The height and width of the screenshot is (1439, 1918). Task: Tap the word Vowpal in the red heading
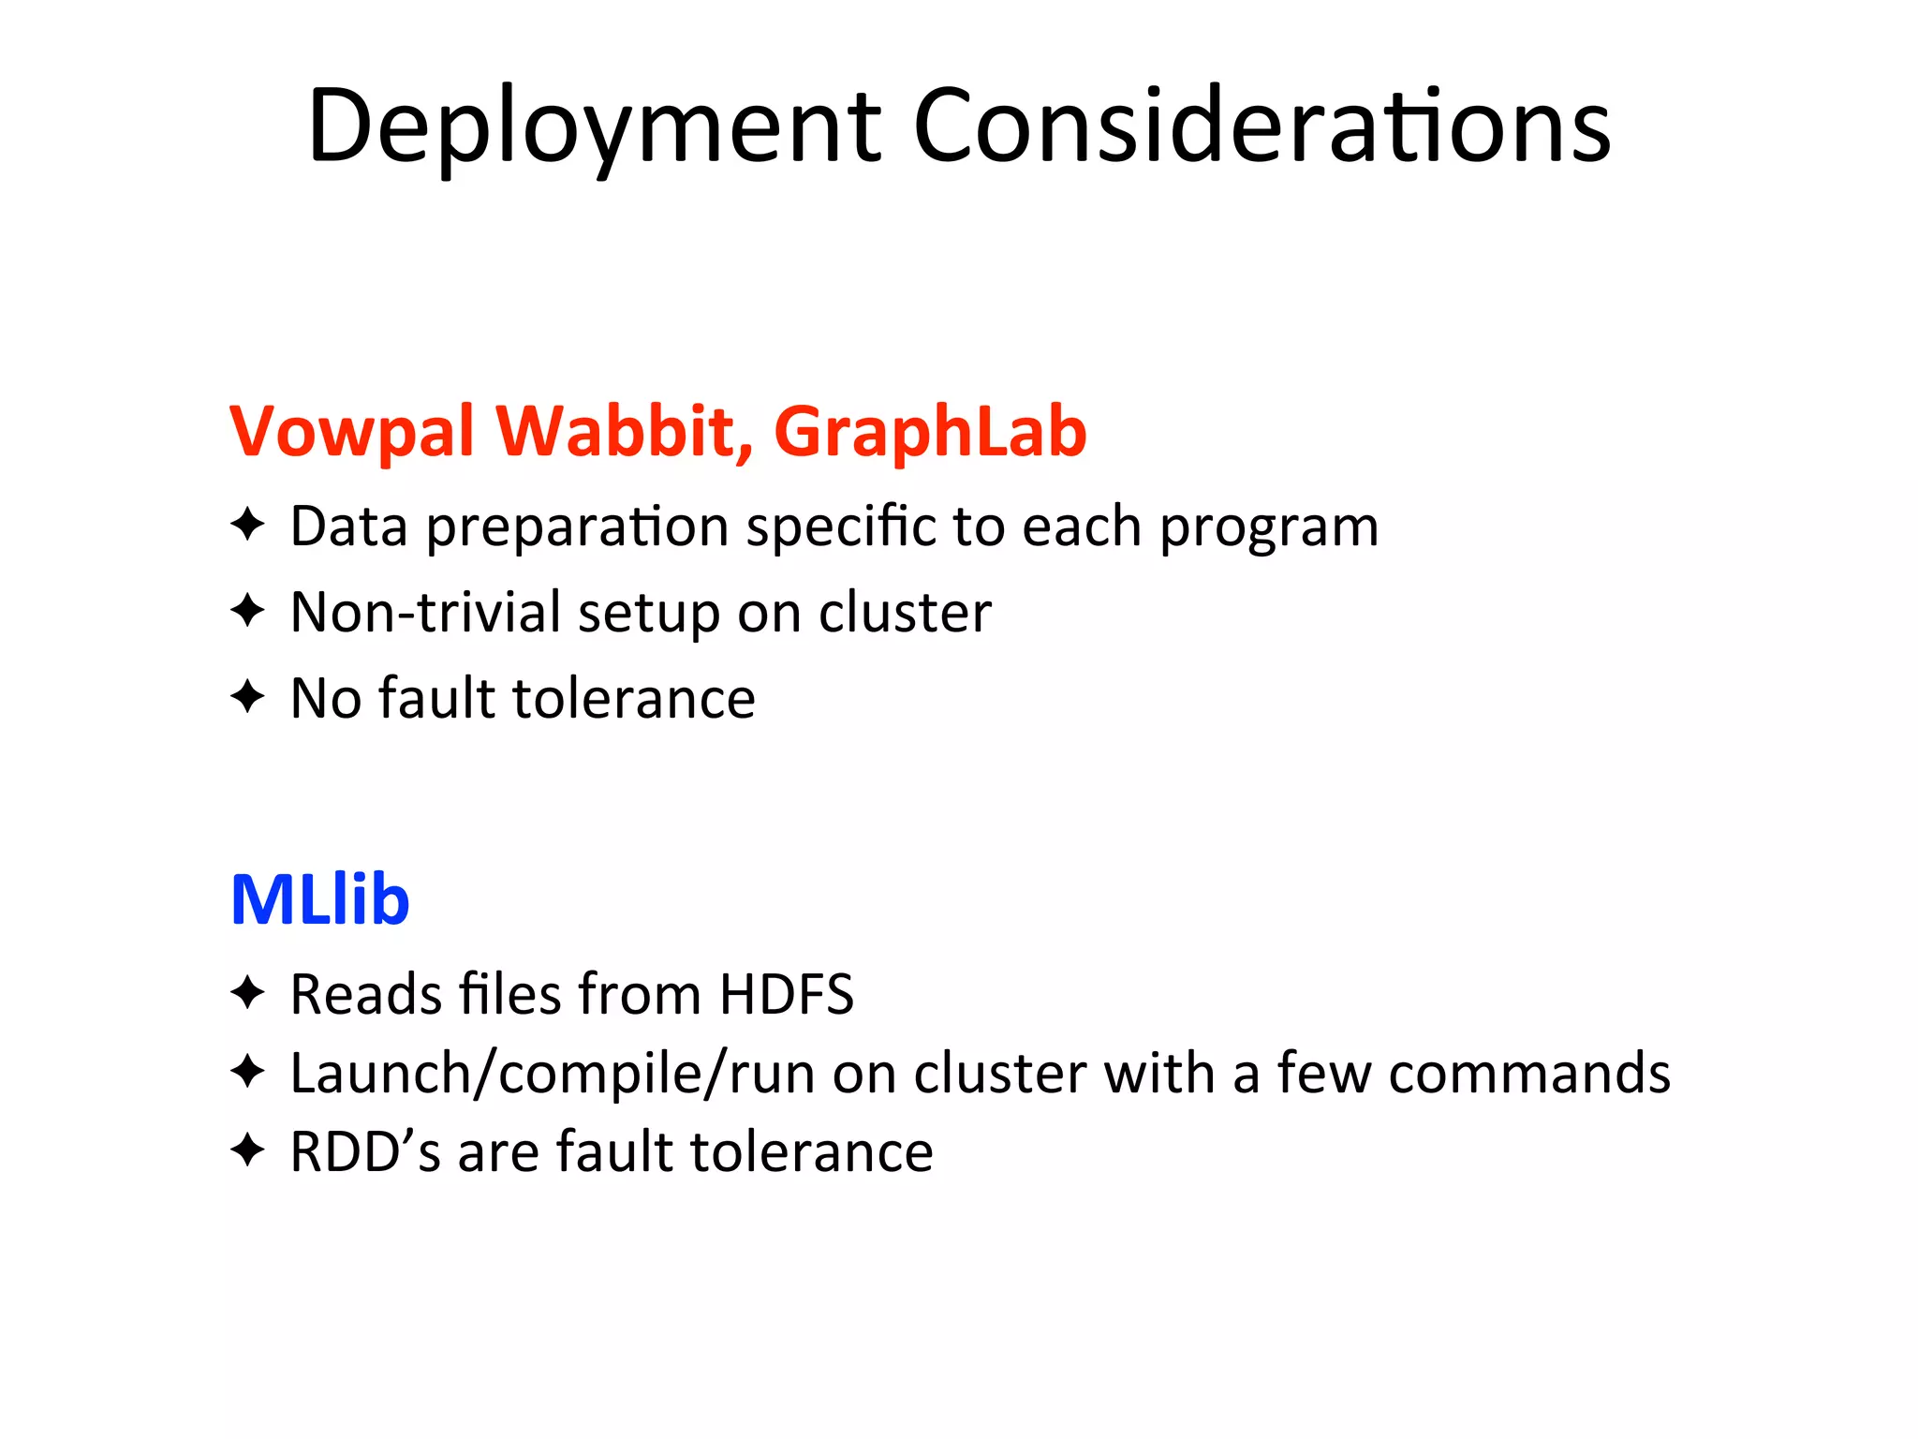(x=352, y=432)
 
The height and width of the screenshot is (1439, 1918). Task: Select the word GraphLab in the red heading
(x=930, y=432)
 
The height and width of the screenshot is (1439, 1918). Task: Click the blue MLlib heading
(x=319, y=899)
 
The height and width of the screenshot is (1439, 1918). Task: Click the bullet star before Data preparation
(x=248, y=525)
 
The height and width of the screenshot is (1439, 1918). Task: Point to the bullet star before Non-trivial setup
(x=248, y=611)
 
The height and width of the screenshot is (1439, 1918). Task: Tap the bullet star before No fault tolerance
(x=248, y=697)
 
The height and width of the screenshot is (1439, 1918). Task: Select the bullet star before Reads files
(x=248, y=992)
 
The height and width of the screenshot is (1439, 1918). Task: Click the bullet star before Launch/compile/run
(x=248, y=1071)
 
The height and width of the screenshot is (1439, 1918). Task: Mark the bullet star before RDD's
(x=248, y=1150)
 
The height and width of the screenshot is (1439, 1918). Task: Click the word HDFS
(x=786, y=994)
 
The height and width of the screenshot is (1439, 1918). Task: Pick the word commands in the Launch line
(x=1529, y=1074)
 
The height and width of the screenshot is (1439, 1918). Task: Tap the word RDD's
(x=365, y=1151)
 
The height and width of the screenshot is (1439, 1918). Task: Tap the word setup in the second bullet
(x=648, y=615)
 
